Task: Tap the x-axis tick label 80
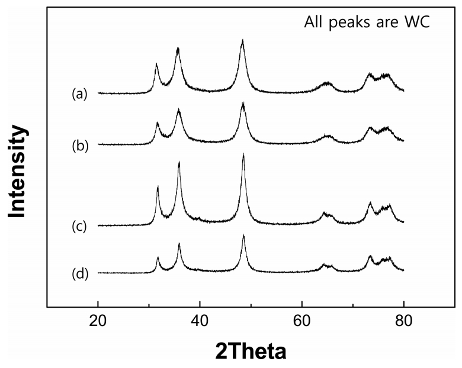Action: (404, 324)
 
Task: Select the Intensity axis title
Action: (18, 172)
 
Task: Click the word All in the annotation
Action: (315, 24)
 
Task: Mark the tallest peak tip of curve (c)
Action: (243, 154)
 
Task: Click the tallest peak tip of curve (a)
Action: (242, 40)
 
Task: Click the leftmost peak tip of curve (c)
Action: (158, 187)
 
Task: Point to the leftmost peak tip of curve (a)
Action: (156, 63)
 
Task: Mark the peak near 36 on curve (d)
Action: (179, 243)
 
